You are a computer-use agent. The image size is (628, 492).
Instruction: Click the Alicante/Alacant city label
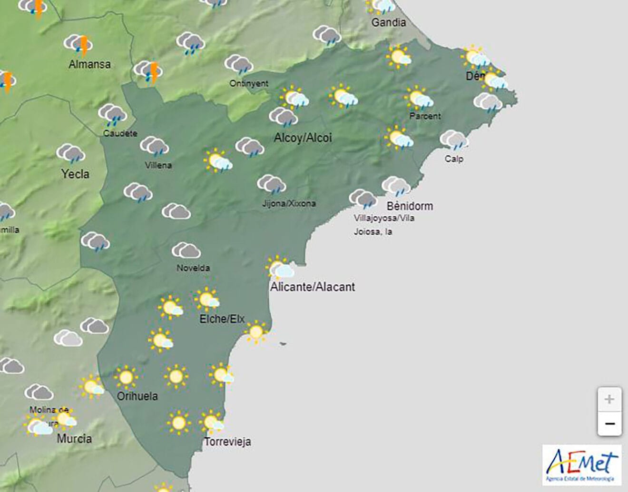pos(313,287)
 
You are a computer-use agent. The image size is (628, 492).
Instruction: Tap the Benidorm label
pos(410,206)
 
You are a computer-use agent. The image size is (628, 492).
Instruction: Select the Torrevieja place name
pos(227,442)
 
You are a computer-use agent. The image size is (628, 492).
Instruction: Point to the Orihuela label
pos(137,396)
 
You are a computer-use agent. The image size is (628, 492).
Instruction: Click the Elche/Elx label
pos(222,319)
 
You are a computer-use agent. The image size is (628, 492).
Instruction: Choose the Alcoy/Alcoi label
pos(303,138)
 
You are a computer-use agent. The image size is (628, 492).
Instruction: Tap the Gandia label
pos(389,22)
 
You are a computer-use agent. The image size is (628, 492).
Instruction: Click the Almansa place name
pos(89,64)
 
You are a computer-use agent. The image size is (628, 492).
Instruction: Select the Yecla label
pos(75,174)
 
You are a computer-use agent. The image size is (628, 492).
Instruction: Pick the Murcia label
pos(74,438)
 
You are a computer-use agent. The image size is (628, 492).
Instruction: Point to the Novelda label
pos(193,268)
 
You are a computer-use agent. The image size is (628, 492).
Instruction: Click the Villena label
pos(158,165)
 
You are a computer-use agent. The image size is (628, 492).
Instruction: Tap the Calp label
pos(454,159)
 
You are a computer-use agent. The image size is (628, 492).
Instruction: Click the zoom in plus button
pos(609,399)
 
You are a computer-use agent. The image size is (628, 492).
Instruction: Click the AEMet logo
pos(582,465)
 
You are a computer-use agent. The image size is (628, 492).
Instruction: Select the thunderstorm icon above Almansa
pos(78,45)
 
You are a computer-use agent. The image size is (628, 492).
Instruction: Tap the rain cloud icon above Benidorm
pos(396,187)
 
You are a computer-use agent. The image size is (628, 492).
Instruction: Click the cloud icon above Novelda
pos(186,251)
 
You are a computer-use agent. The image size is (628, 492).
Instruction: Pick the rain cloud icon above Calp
pos(454,140)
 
